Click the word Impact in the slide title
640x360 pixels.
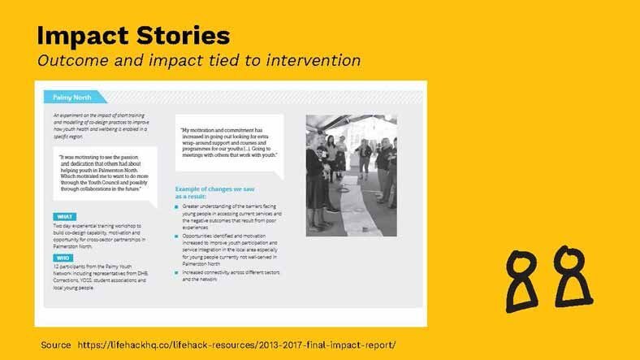coord(79,36)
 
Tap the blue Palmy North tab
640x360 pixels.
coord(72,97)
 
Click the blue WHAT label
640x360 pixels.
coord(63,216)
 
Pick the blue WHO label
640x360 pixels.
coord(63,258)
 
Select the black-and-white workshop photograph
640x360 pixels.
coord(351,175)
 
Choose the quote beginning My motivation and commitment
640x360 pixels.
coord(229,141)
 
